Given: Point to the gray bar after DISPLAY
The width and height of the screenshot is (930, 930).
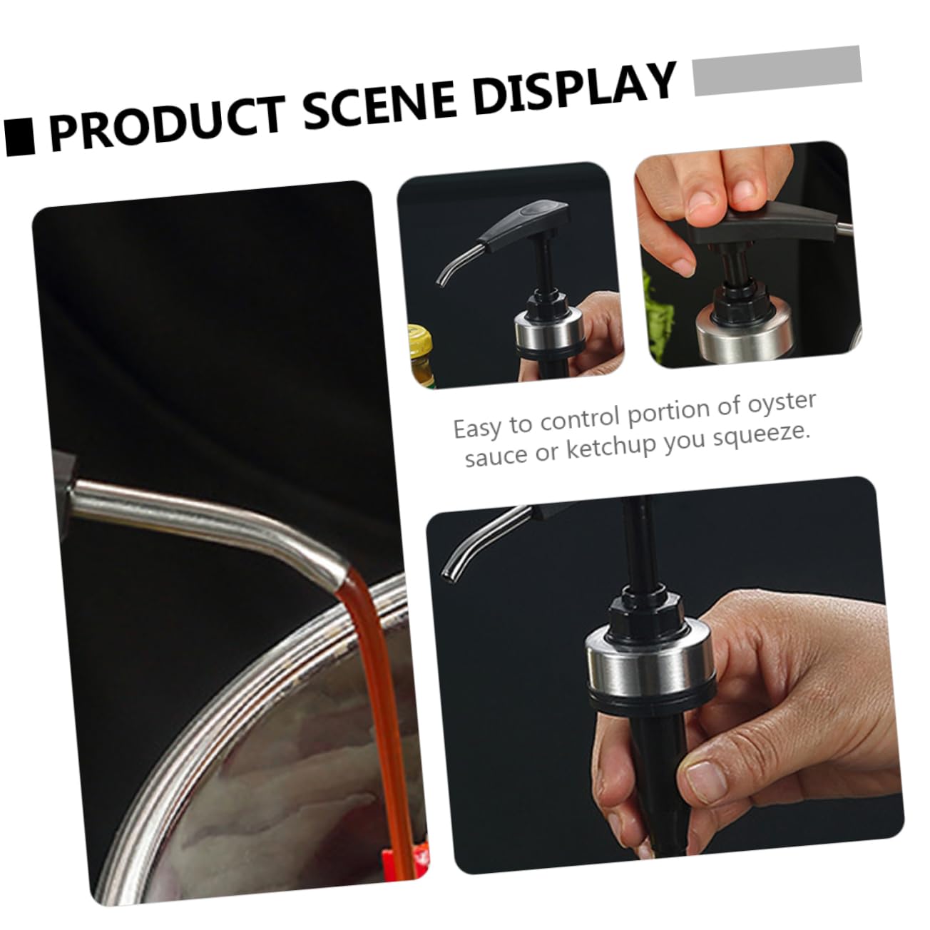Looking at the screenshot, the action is coord(777,71).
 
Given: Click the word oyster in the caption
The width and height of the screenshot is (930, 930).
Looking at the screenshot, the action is coord(782,402).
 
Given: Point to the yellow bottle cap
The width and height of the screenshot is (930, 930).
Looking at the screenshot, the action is coord(420,337).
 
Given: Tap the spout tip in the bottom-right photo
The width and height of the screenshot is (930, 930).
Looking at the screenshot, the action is coord(447,574).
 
